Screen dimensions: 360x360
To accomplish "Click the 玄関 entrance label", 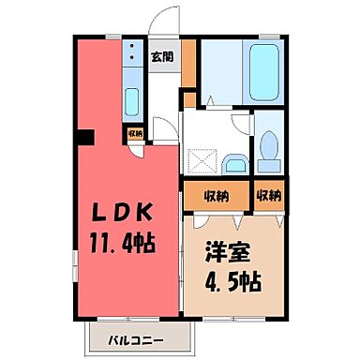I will coord(161,57).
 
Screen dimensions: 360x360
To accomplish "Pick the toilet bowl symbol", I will coord(269,145).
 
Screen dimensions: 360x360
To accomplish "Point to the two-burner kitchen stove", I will coord(131,54).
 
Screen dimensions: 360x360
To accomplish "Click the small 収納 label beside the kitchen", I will coord(134,133).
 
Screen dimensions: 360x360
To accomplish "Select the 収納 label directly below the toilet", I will coord(270,196).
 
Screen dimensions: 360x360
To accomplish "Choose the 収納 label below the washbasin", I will coord(216,196).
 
